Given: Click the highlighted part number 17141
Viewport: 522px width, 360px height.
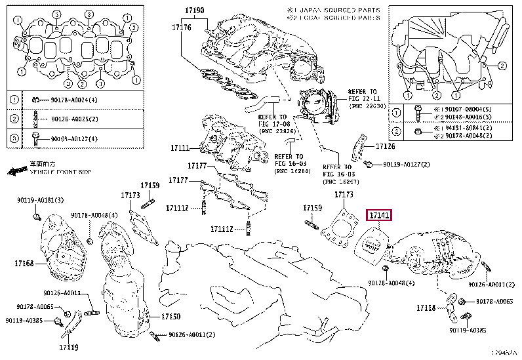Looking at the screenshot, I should click(379, 215).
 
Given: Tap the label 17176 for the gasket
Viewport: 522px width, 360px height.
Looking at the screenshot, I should click(181, 28).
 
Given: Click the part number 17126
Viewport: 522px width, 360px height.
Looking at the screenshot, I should click(386, 146).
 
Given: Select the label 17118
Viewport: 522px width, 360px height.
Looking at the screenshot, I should click(426, 308).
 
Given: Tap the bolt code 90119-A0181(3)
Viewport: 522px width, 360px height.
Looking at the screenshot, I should click(41, 199).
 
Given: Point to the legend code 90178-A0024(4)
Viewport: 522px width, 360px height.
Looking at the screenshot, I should click(65, 100).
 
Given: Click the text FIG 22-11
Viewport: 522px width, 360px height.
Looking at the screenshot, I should click(363, 98).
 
